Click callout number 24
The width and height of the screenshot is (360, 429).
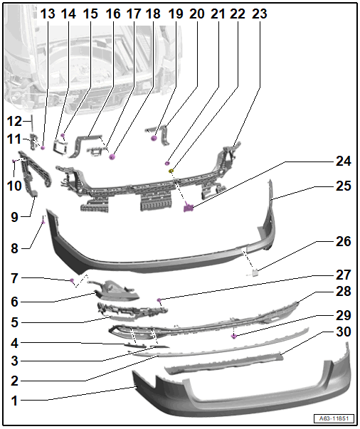pyautogui.click(x=344, y=161)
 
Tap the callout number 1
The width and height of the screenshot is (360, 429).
pyautogui.click(x=15, y=401)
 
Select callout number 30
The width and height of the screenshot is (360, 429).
pyautogui.click(x=344, y=332)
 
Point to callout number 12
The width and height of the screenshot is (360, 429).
pyautogui.click(x=14, y=122)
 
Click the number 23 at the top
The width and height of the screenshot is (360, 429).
pyautogui.click(x=259, y=14)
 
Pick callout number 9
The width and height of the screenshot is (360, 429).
pyautogui.click(x=14, y=218)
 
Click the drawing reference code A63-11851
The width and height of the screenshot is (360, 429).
pyautogui.click(x=334, y=418)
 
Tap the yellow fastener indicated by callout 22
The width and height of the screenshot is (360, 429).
pyautogui.click(x=171, y=171)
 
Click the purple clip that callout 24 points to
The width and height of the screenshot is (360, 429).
pyautogui.click(x=189, y=208)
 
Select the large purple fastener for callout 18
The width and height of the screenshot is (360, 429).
pyautogui.click(x=112, y=157)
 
